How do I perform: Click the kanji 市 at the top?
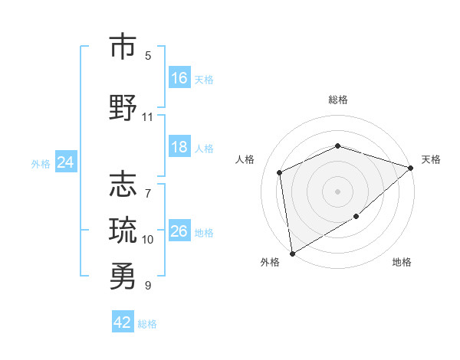tap(123, 47)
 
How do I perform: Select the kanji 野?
tap(123, 107)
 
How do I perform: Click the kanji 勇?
tap(123, 277)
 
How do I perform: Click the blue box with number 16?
tap(179, 78)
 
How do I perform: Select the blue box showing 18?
tap(179, 147)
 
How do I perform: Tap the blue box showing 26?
tap(179, 231)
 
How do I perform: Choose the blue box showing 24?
tap(65, 162)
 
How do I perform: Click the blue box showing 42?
tap(123, 322)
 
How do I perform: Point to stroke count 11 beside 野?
tap(147, 117)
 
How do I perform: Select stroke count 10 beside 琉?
tap(147, 240)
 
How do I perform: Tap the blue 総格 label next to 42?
tap(147, 324)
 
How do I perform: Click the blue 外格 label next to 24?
tap(41, 163)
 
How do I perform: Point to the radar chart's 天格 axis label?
tap(431, 159)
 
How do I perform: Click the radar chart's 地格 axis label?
tap(402, 262)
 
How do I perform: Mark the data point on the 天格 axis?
tap(411, 168)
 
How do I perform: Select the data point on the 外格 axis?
tap(292, 253)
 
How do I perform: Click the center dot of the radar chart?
tap(337, 191)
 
